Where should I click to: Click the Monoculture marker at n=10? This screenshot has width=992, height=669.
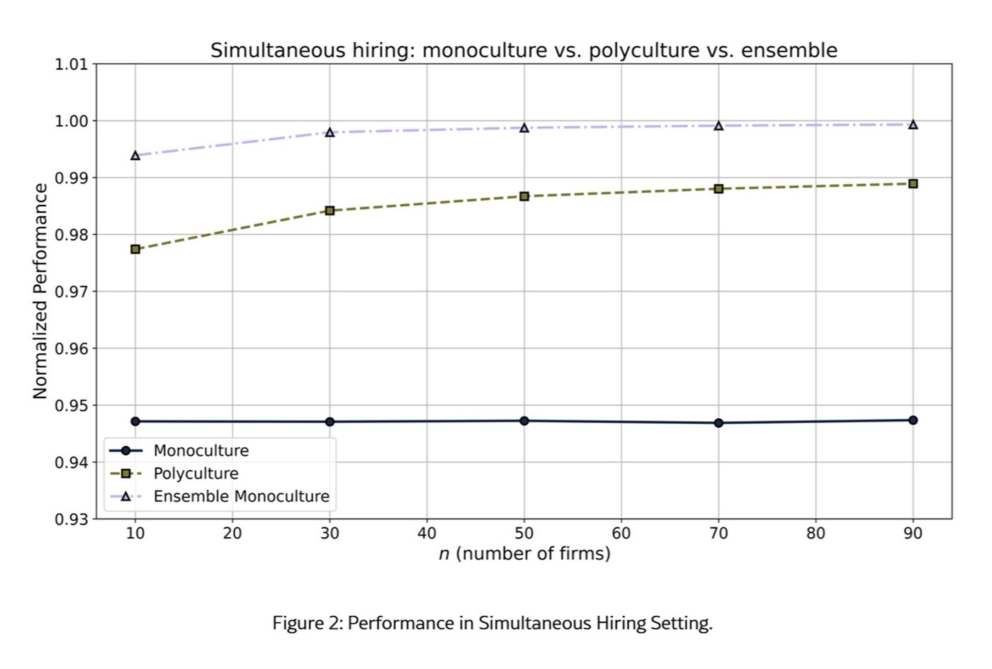[x=135, y=422]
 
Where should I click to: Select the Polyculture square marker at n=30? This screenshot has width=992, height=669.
[x=330, y=210]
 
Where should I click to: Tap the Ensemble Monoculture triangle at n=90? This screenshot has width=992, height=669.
[x=913, y=125]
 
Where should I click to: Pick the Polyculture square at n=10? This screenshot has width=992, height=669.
[x=135, y=249]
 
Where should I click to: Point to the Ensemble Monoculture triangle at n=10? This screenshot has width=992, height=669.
[x=135, y=155]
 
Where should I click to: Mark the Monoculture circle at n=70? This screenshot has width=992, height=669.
[x=718, y=423]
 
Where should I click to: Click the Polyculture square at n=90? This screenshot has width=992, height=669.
[x=913, y=184]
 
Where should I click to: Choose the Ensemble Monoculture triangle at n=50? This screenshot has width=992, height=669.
[x=524, y=128]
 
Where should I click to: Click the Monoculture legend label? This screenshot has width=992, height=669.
[x=201, y=451]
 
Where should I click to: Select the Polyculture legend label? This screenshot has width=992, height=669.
[x=196, y=473]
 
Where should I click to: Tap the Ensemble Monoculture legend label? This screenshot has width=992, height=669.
[x=242, y=497]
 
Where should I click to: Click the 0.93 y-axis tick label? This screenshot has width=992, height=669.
[x=72, y=519]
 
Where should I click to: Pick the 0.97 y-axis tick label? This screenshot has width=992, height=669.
[x=72, y=291]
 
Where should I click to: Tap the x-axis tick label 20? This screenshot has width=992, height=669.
[x=232, y=534]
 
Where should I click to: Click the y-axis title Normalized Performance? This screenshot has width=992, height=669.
[x=40, y=291]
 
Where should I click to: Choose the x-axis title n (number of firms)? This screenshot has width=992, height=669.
[x=525, y=554]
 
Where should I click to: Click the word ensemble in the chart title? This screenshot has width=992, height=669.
[x=789, y=50]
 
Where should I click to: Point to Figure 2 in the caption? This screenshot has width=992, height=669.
[x=308, y=624]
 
